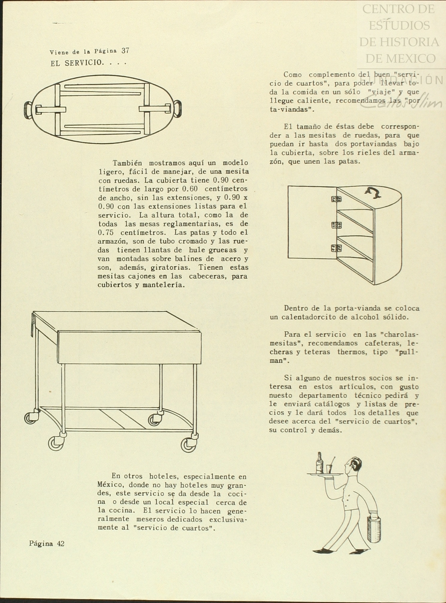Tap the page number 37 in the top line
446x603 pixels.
pyautogui.click(x=126, y=51)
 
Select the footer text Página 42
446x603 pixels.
pyautogui.click(x=47, y=543)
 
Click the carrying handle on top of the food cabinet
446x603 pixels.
pyautogui.click(x=373, y=194)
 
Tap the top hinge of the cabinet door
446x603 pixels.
pyautogui.click(x=336, y=199)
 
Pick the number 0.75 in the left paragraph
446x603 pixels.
pyautogui.click(x=106, y=233)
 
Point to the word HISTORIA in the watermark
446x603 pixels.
pyautogui.click(x=399, y=42)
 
